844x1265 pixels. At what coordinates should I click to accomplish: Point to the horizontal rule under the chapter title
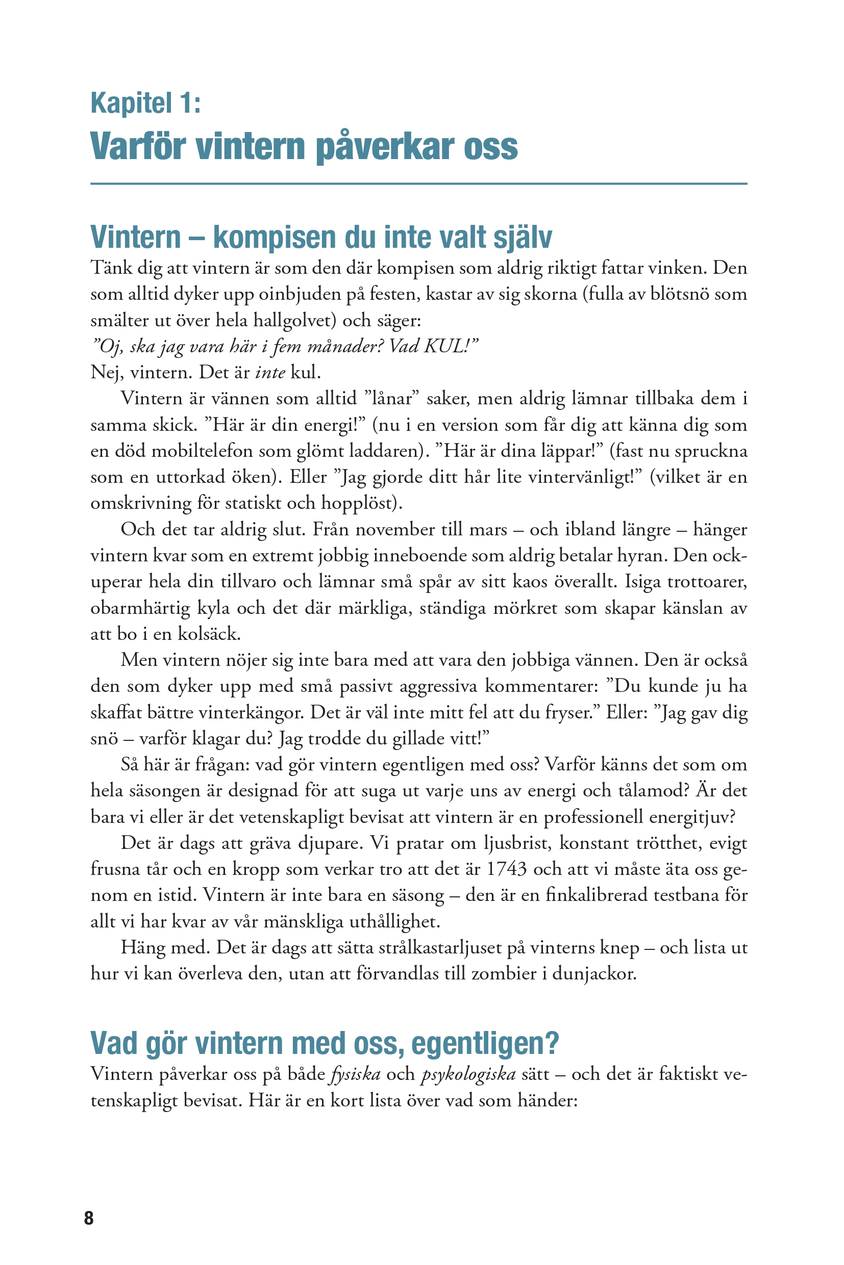click(x=418, y=184)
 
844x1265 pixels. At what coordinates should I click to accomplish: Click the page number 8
click(x=89, y=1218)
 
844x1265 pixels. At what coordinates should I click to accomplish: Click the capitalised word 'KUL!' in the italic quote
click(x=451, y=346)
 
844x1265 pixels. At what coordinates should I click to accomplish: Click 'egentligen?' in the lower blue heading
click(x=485, y=1043)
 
